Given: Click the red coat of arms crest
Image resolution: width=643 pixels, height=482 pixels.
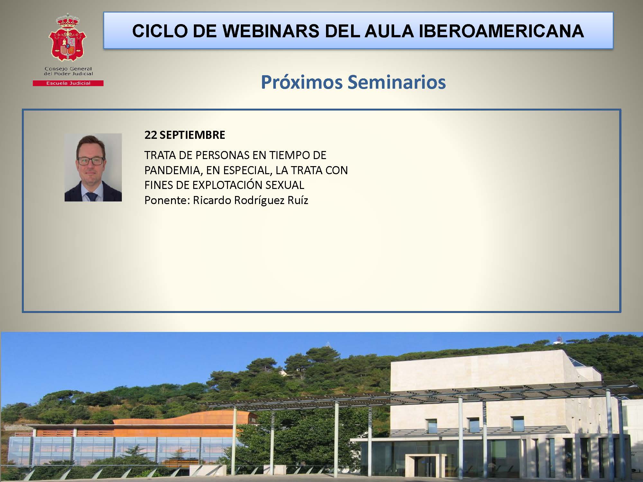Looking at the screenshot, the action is [x=68, y=38].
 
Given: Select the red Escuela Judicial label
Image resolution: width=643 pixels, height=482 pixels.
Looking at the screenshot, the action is [x=68, y=83].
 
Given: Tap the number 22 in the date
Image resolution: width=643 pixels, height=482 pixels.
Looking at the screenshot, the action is [x=150, y=135].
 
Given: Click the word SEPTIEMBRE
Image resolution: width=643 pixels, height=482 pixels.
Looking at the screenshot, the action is [x=192, y=135].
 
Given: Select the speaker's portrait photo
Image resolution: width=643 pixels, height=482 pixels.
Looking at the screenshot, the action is [x=93, y=167].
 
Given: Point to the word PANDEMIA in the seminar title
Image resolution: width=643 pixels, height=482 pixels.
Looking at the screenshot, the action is [x=173, y=170].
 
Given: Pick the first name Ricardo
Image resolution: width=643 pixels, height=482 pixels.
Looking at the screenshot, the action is [x=212, y=201].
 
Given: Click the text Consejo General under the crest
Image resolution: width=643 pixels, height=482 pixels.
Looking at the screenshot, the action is [x=68, y=69].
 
